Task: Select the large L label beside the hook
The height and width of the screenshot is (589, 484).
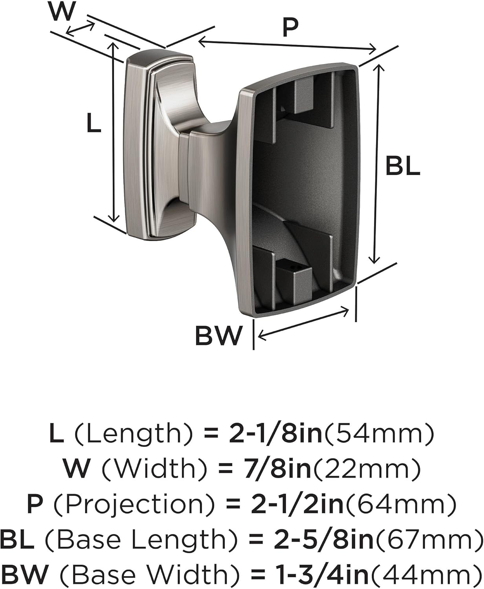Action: point(93,123)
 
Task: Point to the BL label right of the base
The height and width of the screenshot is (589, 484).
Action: point(402,166)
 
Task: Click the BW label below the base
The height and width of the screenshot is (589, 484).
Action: point(218,336)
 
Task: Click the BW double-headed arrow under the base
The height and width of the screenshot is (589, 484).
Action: point(303,324)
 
